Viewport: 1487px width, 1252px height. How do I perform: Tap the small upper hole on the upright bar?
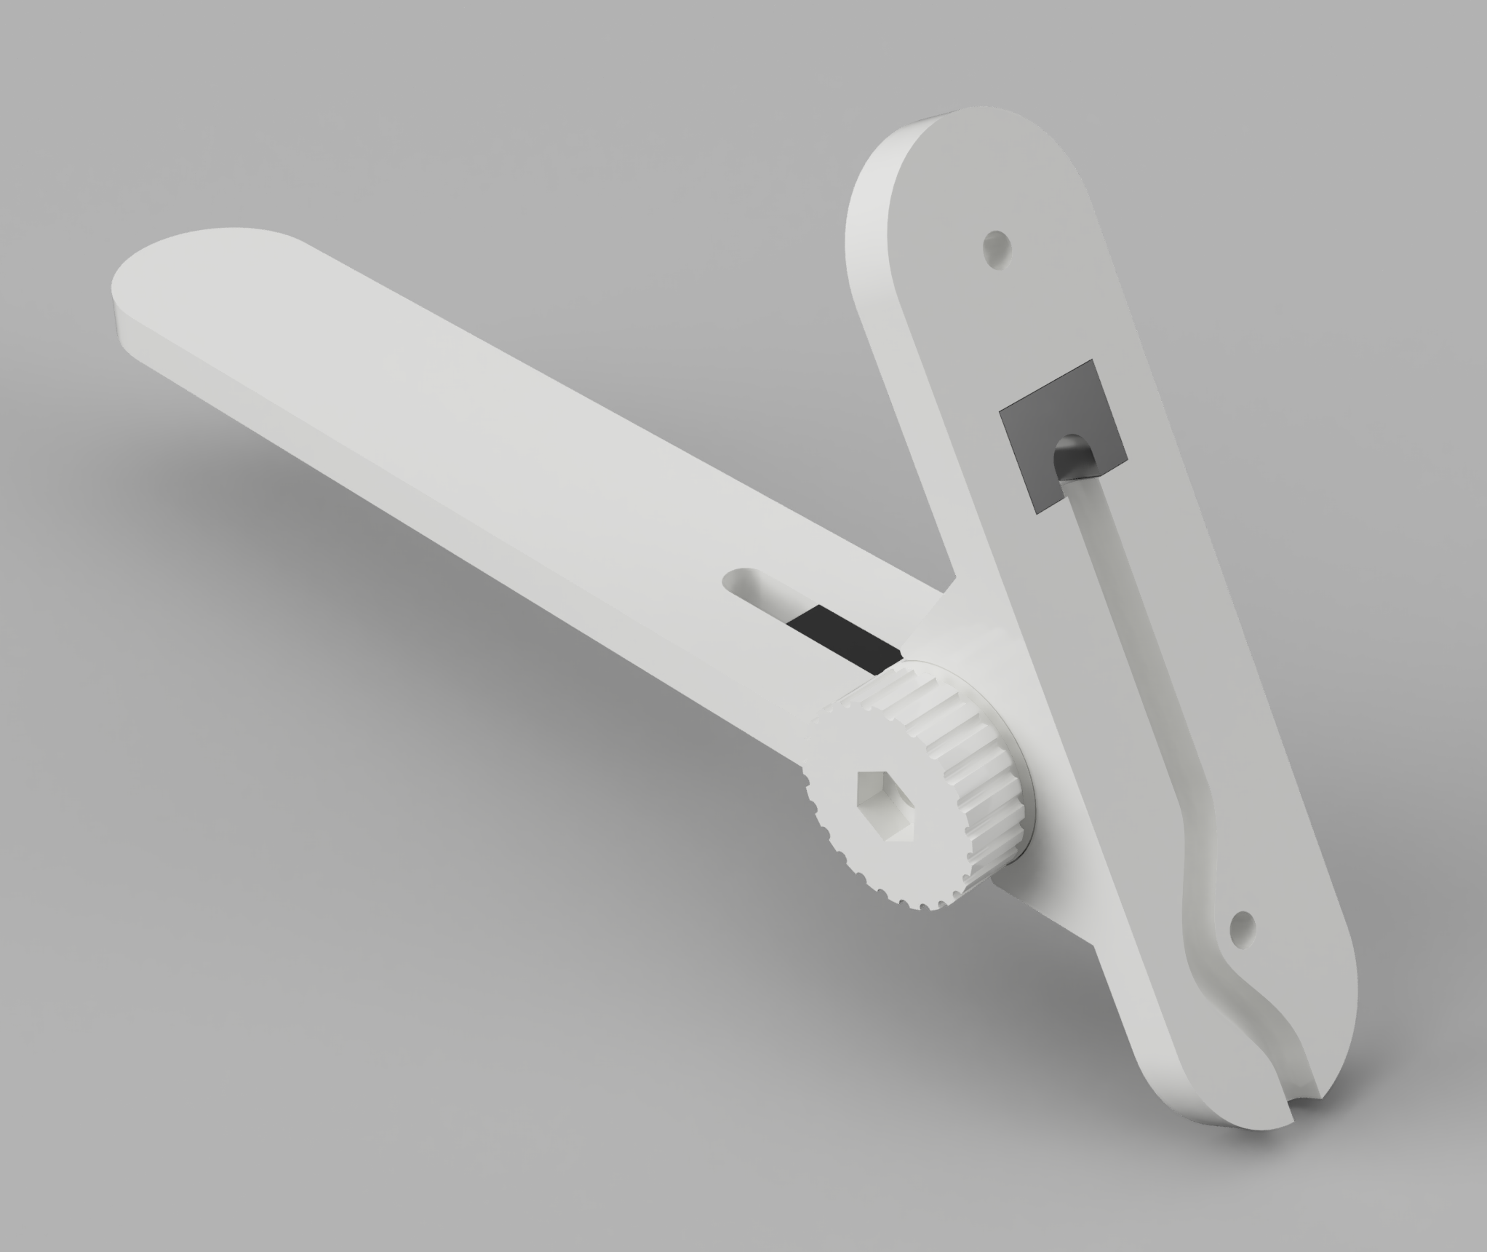pyautogui.click(x=996, y=247)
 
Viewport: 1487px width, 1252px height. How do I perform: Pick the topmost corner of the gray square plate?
pyautogui.click(x=1091, y=361)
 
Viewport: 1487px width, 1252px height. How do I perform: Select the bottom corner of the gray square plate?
pyautogui.click(x=1037, y=512)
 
